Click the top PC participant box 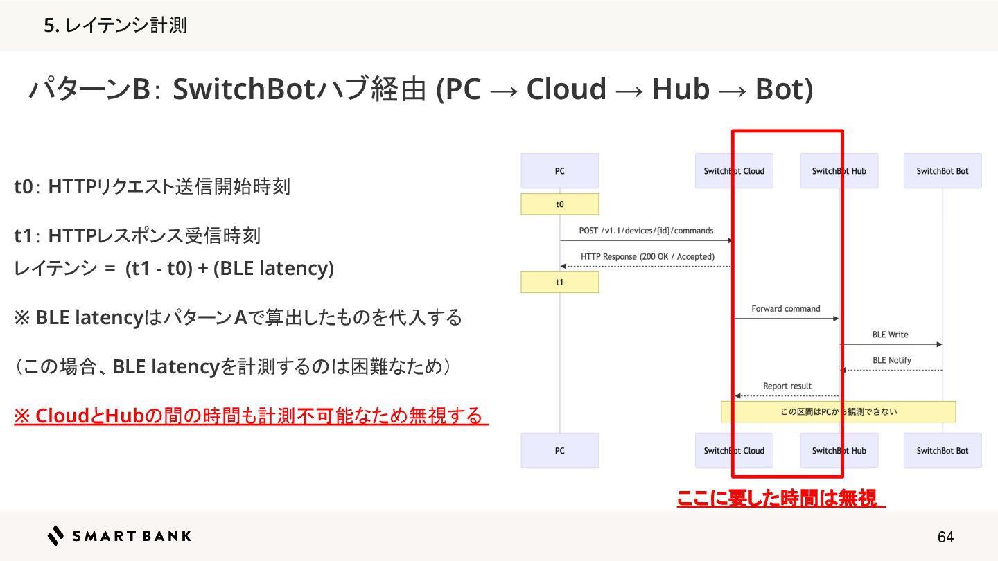point(559,171)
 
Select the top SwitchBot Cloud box point(734,171)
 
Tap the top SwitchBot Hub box point(839,171)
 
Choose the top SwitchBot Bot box point(943,171)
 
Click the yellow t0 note point(559,204)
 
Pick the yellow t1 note point(559,283)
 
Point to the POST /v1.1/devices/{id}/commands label point(646,231)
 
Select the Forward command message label point(786,309)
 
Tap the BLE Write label point(890,335)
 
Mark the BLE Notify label point(891,360)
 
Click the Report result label point(787,386)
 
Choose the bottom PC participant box point(559,451)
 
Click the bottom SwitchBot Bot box point(943,451)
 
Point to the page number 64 point(945,537)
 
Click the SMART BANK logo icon point(55,535)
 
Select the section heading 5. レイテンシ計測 point(115,26)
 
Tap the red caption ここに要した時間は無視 point(780,498)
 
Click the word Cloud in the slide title point(566,89)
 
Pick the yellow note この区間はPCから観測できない point(839,411)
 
